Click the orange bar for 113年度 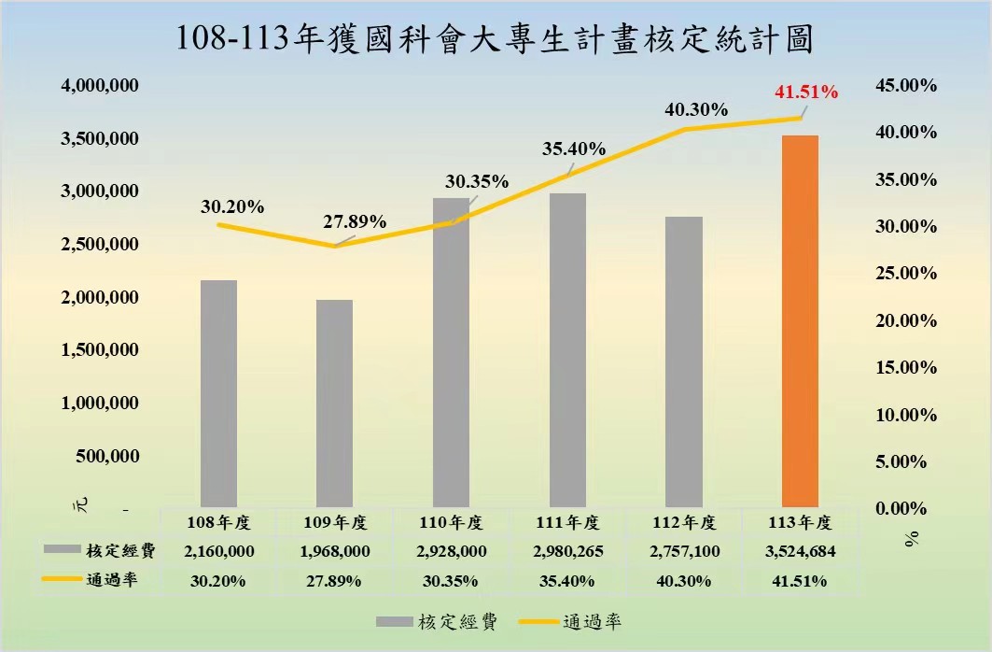(x=801, y=321)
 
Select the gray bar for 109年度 (x=335, y=404)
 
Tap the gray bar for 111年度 (x=567, y=350)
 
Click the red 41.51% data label (x=806, y=92)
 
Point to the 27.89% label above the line (x=355, y=221)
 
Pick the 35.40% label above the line (x=574, y=149)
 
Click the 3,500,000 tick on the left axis (x=100, y=138)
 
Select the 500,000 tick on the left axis (x=107, y=456)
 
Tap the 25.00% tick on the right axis (x=906, y=273)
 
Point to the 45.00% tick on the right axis (x=906, y=85)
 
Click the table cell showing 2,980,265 (x=568, y=551)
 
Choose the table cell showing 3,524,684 (x=801, y=551)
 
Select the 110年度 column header (x=451, y=523)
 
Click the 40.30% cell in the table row (x=684, y=581)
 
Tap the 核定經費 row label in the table (x=120, y=551)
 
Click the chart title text (x=494, y=39)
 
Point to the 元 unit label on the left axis (x=80, y=504)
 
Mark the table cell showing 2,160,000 (x=219, y=551)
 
